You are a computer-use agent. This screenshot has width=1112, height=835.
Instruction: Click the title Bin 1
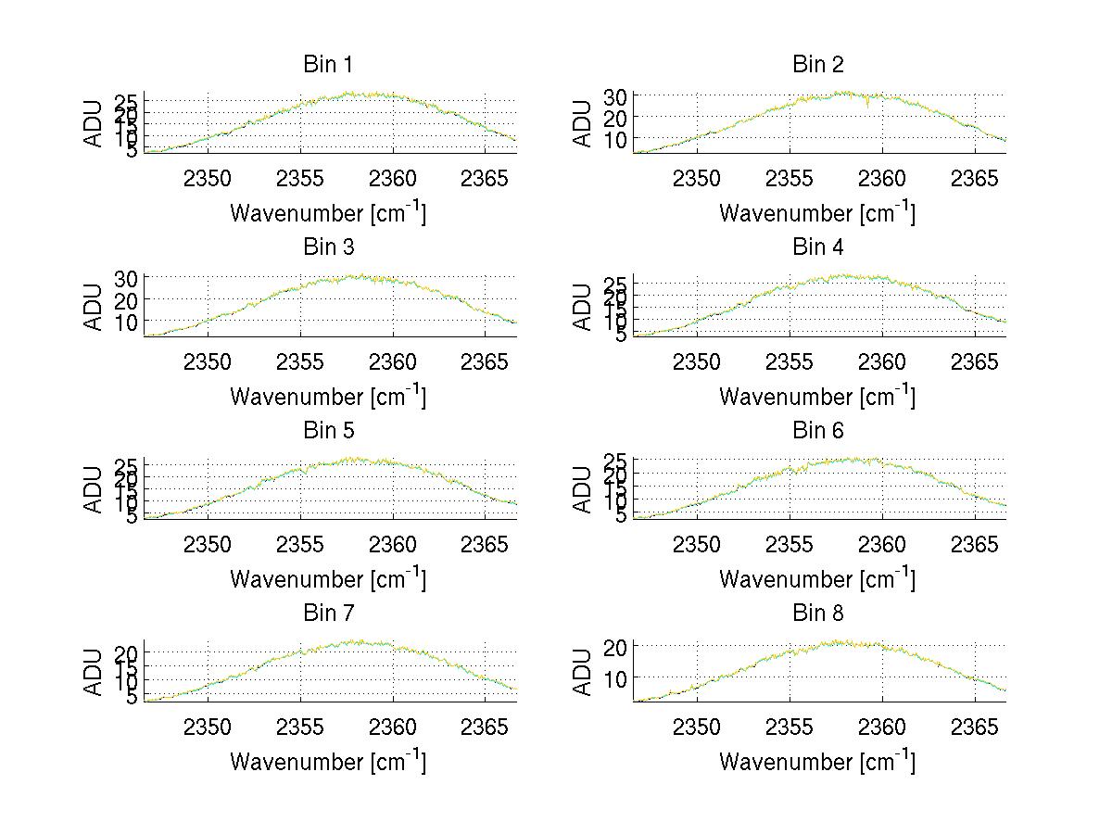[x=327, y=65]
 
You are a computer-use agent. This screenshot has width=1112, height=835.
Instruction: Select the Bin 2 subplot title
[x=817, y=65]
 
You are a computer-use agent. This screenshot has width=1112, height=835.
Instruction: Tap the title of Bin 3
[x=327, y=247]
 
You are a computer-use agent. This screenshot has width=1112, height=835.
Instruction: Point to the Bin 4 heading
[x=817, y=247]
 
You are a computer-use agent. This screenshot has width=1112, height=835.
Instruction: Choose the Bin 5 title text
[x=327, y=431]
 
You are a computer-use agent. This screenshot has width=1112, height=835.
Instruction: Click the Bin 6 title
[x=817, y=431]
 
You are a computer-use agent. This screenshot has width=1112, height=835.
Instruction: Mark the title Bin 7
[x=327, y=614]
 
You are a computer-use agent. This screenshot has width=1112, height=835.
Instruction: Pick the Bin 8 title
[x=817, y=614]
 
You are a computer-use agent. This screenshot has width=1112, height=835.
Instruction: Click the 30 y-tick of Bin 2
[x=615, y=96]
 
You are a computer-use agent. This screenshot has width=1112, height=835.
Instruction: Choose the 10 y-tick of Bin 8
[x=615, y=678]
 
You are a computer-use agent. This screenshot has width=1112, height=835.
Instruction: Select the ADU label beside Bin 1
[x=93, y=122]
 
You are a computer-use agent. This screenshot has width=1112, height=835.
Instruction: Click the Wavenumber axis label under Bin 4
[x=816, y=396]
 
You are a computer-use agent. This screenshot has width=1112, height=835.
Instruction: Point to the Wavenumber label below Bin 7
[x=327, y=762]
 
